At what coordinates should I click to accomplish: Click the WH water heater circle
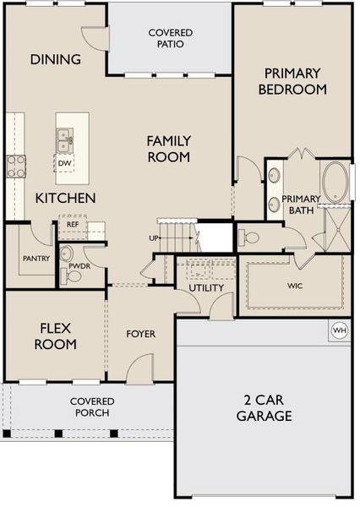pyautogui.click(x=340, y=330)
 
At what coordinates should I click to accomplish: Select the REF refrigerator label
pyautogui.click(x=74, y=225)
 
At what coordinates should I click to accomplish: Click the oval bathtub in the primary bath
pyautogui.click(x=335, y=183)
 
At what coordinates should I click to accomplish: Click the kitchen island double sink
pyautogui.click(x=64, y=137)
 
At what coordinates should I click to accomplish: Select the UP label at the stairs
pyautogui.click(x=154, y=237)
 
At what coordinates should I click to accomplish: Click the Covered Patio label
pyautogui.click(x=170, y=38)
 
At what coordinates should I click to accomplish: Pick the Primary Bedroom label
pyautogui.click(x=292, y=80)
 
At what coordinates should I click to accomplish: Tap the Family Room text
pyautogui.click(x=168, y=149)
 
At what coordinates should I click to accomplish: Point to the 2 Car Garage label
pyautogui.click(x=264, y=408)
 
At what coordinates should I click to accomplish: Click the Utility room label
pyautogui.click(x=205, y=287)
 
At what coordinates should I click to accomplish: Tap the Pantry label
pyautogui.click(x=35, y=259)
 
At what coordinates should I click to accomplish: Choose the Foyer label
pyautogui.click(x=140, y=334)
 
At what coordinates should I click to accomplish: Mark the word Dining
pyautogui.click(x=56, y=59)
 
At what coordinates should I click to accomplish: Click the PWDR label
pyautogui.click(x=79, y=265)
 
